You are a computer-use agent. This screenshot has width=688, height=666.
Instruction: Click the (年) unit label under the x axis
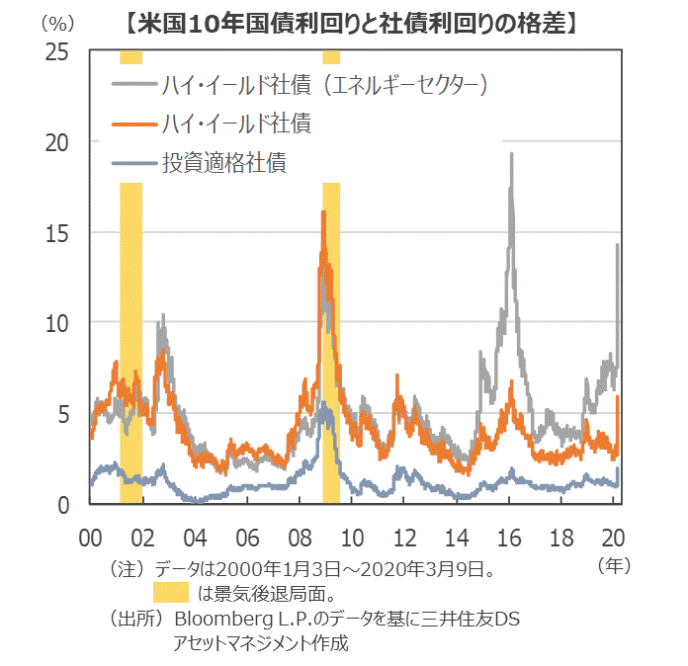coord(614,566)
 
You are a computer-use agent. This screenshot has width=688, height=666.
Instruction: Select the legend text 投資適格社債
coord(224,162)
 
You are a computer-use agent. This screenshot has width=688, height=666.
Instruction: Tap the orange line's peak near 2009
coord(323,212)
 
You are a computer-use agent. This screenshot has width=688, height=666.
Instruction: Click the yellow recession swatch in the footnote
coord(170,594)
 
